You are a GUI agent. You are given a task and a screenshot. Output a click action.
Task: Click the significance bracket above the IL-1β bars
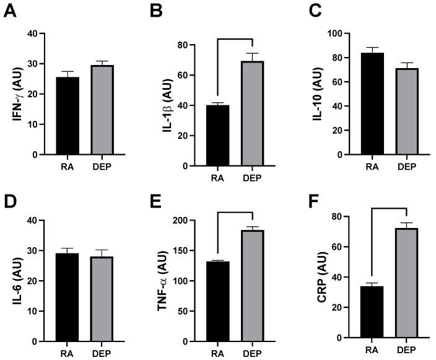click(235, 39)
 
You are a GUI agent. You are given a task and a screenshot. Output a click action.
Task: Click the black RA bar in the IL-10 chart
click(372, 103)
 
